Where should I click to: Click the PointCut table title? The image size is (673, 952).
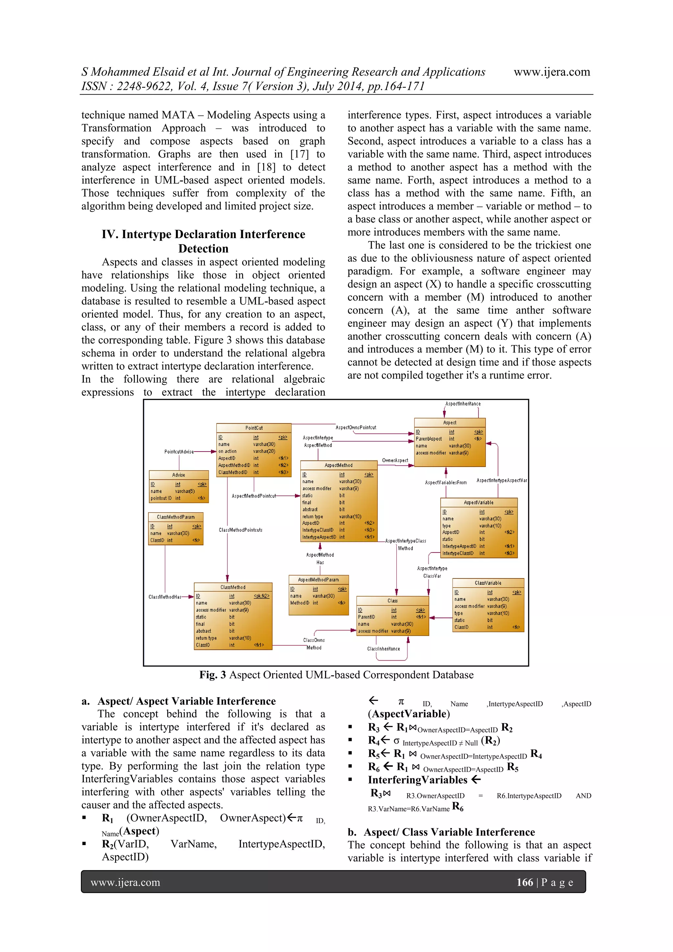point(254,427)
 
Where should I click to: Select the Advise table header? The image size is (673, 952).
point(179,475)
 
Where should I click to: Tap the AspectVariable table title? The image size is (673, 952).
point(479,502)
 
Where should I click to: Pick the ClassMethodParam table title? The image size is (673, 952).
point(176,517)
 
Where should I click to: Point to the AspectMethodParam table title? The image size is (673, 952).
point(318,579)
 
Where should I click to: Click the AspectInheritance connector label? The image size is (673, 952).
point(463,403)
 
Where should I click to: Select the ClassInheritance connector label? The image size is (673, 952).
point(383,648)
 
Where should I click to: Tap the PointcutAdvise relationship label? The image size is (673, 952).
point(179,452)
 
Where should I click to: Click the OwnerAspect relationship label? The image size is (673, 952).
point(395,460)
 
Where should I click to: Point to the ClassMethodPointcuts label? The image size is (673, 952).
point(240,530)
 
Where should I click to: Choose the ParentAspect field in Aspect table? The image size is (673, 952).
point(429,439)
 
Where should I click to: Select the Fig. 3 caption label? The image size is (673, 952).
point(336,674)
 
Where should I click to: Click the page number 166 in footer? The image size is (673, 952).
point(524,882)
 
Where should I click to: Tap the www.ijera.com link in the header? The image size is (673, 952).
point(552,72)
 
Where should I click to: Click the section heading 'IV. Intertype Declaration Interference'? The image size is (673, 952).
point(203,234)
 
